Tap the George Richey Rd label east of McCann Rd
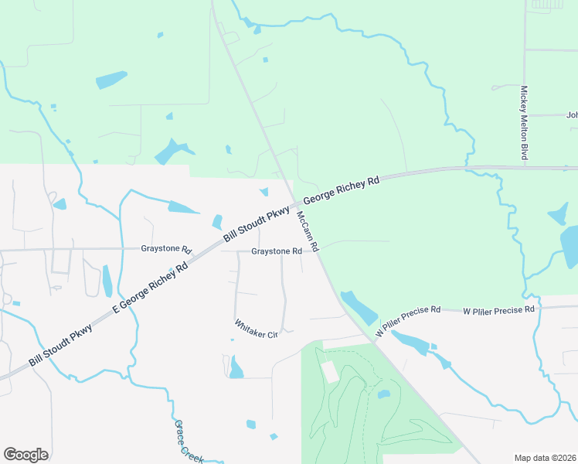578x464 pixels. tap(342, 190)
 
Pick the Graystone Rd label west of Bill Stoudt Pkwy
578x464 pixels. tap(166, 249)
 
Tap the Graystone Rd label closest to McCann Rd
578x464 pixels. tap(276, 251)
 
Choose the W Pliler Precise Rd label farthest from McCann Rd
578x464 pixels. tap(498, 310)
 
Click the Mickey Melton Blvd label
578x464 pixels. tap(524, 123)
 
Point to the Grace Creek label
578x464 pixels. tap(189, 442)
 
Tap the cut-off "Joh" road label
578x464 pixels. tap(572, 115)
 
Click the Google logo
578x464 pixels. tap(25, 455)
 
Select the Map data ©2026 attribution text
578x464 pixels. tap(545, 458)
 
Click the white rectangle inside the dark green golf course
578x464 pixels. tap(329, 371)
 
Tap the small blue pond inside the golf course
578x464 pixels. tap(383, 394)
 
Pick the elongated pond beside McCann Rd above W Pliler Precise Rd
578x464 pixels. tap(359, 307)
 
